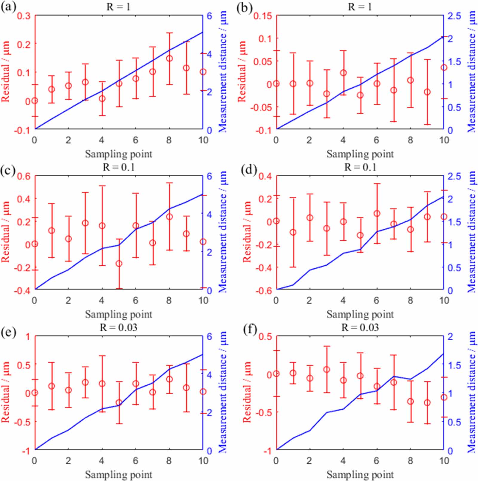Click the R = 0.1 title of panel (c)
tap(119, 167)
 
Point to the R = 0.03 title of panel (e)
tap(119, 327)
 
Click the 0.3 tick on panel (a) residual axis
tap(24, 16)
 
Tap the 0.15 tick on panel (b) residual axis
tap(263, 16)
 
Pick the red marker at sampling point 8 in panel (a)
tap(169, 59)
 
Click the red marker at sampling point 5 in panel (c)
tap(119, 264)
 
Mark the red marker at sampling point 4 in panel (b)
tap(343, 73)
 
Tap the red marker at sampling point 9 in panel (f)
tap(427, 403)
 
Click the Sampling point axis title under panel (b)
tap(360, 154)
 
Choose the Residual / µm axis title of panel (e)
tap(6, 392)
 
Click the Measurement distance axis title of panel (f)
tap(471, 392)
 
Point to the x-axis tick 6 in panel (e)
tap(136, 461)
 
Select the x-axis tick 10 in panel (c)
tap(203, 300)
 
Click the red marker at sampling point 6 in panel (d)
tap(377, 214)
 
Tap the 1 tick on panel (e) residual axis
tap(28, 337)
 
